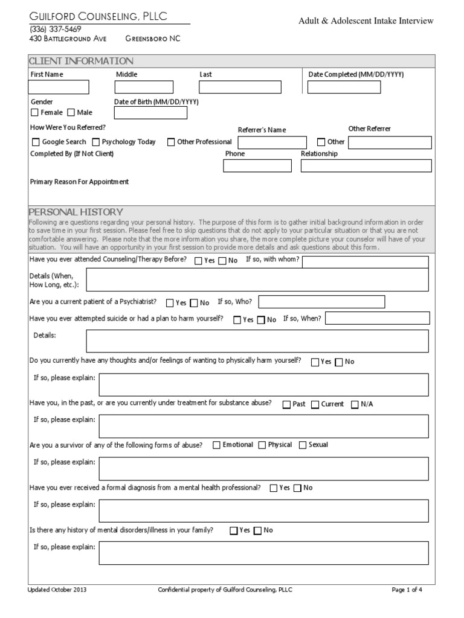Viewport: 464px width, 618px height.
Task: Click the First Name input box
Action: pyautogui.click(x=59, y=88)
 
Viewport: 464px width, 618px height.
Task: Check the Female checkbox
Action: pyautogui.click(x=34, y=113)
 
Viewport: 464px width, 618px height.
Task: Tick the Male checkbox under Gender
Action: pyautogui.click(x=71, y=113)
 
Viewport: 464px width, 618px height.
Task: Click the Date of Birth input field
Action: pyautogui.click(x=150, y=113)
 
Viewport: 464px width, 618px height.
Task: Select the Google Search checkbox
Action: pyautogui.click(x=35, y=142)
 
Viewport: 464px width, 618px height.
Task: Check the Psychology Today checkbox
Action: pyautogui.click(x=96, y=142)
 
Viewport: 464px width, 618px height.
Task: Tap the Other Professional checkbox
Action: pyautogui.click(x=171, y=142)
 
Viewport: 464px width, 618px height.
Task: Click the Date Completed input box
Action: pyautogui.click(x=344, y=88)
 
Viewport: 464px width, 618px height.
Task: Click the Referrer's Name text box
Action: pyautogui.click(x=272, y=142)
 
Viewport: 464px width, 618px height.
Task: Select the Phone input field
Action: pyautogui.click(x=257, y=166)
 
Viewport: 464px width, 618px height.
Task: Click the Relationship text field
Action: pyautogui.click(x=366, y=166)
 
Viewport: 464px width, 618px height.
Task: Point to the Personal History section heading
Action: pyautogui.click(x=76, y=212)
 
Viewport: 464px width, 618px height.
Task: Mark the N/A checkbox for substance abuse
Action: pyautogui.click(x=355, y=405)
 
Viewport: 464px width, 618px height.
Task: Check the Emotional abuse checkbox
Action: pyautogui.click(x=216, y=445)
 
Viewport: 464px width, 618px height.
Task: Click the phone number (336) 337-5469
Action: pyautogui.click(x=56, y=29)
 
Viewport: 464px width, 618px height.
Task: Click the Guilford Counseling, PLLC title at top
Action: pyautogui.click(x=98, y=15)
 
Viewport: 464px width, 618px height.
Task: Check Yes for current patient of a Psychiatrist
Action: pyautogui.click(x=170, y=303)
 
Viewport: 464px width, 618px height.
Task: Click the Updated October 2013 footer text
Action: pyautogui.click(x=57, y=590)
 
